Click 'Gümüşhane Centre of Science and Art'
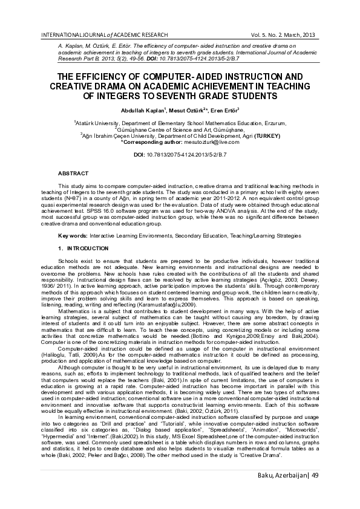163,129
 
